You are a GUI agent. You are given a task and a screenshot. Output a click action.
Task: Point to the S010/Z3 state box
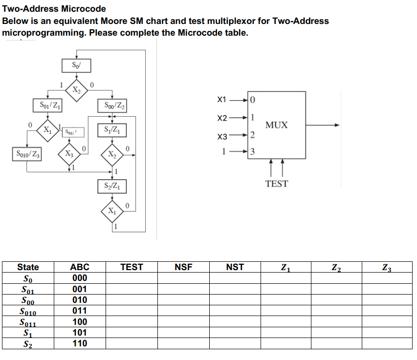coord(27,154)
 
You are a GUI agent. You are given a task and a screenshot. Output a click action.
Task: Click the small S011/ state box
coord(71,131)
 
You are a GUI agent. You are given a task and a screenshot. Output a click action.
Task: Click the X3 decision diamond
coord(69,154)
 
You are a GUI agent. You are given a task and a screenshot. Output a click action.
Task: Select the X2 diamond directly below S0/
coord(77,89)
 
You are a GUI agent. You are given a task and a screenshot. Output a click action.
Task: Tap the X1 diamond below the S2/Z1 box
coord(112,212)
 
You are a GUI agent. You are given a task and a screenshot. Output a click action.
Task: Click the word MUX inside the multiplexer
coord(276,125)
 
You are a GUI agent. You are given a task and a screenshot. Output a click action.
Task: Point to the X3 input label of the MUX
coord(222,137)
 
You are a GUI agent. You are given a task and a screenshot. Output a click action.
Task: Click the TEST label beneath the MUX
coord(277,184)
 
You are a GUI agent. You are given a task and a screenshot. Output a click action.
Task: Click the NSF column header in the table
coord(183,267)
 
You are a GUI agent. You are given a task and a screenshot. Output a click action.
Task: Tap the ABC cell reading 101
coord(80,333)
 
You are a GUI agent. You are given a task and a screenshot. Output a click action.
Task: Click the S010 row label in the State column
coord(28,311)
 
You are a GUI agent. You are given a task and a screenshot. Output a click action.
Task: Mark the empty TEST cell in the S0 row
coord(132,278)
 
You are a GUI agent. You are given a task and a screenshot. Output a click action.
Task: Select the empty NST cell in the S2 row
coord(235,343)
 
